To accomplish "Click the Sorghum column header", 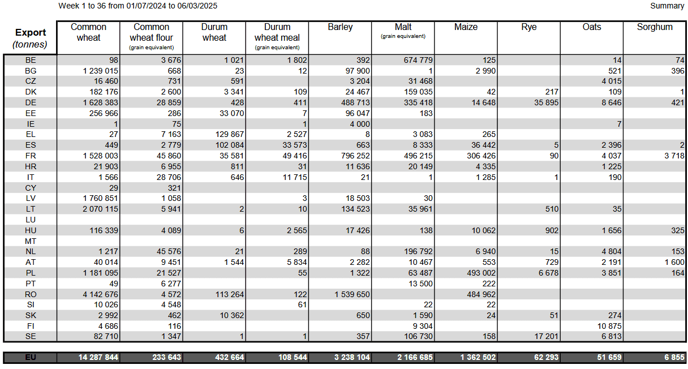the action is pyautogui.click(x=655, y=27).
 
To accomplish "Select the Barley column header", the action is pyautogui.click(x=340, y=27).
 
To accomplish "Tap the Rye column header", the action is pyautogui.click(x=528, y=27).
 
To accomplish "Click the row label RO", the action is pyautogui.click(x=31, y=294).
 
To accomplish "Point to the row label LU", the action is pyautogui.click(x=31, y=220).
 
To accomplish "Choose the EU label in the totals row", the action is pyautogui.click(x=31, y=357).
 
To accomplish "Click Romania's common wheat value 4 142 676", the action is pyautogui.click(x=101, y=294).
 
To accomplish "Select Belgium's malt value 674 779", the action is pyautogui.click(x=418, y=60).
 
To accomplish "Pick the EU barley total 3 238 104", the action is pyautogui.click(x=352, y=357).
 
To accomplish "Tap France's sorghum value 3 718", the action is pyautogui.click(x=674, y=156).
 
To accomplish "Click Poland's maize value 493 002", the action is pyautogui.click(x=481, y=273).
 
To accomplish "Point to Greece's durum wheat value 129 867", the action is pyautogui.click(x=230, y=134).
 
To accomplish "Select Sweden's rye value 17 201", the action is pyautogui.click(x=546, y=336).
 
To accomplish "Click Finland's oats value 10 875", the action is pyautogui.click(x=609, y=326).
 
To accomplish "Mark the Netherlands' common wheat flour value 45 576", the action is pyautogui.click(x=169, y=251).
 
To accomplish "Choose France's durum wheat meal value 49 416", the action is pyautogui.click(x=295, y=156).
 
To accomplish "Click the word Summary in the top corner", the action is pyautogui.click(x=667, y=6).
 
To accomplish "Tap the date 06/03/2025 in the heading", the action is pyautogui.click(x=197, y=6).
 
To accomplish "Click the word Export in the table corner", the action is pyautogui.click(x=31, y=32).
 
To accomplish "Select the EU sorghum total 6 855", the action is pyautogui.click(x=674, y=357).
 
